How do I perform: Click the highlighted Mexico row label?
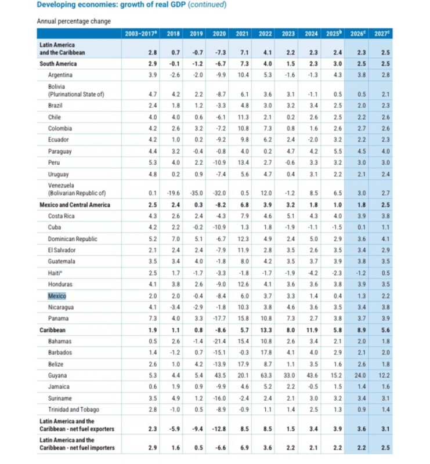[x=57, y=296]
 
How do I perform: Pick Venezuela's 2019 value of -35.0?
[x=197, y=193]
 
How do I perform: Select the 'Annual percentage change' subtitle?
[x=74, y=21]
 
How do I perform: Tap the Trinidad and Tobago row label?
[x=73, y=409]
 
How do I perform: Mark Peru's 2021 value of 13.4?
[x=243, y=163]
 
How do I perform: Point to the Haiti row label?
[x=57, y=273]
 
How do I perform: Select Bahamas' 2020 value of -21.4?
[x=219, y=341]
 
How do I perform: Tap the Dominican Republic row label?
[x=73, y=239]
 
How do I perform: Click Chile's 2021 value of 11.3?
[x=243, y=117]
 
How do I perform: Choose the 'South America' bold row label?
[x=57, y=64]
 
